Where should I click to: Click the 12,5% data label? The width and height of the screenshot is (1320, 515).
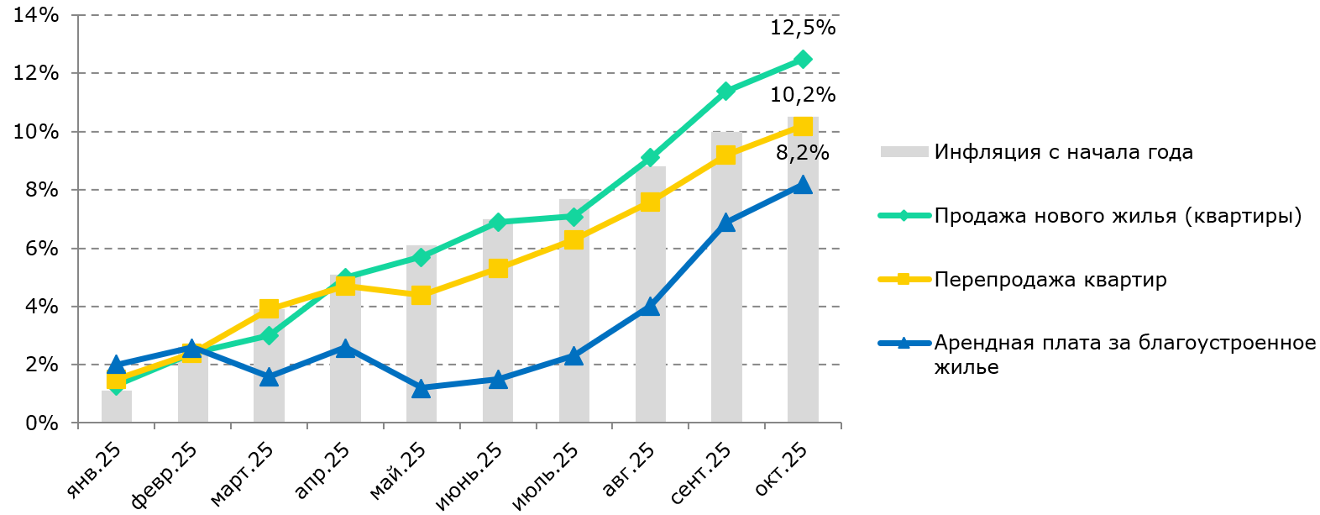click(x=802, y=28)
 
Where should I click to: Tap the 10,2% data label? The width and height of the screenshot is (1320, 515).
click(x=802, y=94)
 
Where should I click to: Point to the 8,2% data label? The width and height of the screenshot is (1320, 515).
click(x=802, y=153)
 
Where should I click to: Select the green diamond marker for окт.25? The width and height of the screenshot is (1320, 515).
click(x=803, y=60)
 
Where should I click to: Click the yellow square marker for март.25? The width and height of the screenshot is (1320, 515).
click(x=269, y=308)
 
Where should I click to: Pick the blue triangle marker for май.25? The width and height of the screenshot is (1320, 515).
click(x=422, y=388)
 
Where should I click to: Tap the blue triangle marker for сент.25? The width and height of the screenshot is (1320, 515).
click(x=726, y=223)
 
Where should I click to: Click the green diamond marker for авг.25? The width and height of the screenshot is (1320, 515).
click(x=650, y=158)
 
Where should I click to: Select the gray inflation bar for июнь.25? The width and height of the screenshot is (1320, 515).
click(x=497, y=336)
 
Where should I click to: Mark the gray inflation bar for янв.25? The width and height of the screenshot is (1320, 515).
click(x=117, y=408)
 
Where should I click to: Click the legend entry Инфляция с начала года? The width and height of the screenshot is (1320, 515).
click(x=1063, y=152)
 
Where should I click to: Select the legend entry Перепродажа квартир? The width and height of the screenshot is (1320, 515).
click(x=1050, y=280)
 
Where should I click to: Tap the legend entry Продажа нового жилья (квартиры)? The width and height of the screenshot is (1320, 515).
click(x=1117, y=216)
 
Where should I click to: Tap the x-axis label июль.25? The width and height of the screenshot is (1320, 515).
click(x=547, y=476)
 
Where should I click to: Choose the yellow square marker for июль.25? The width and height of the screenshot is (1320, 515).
click(x=574, y=240)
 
